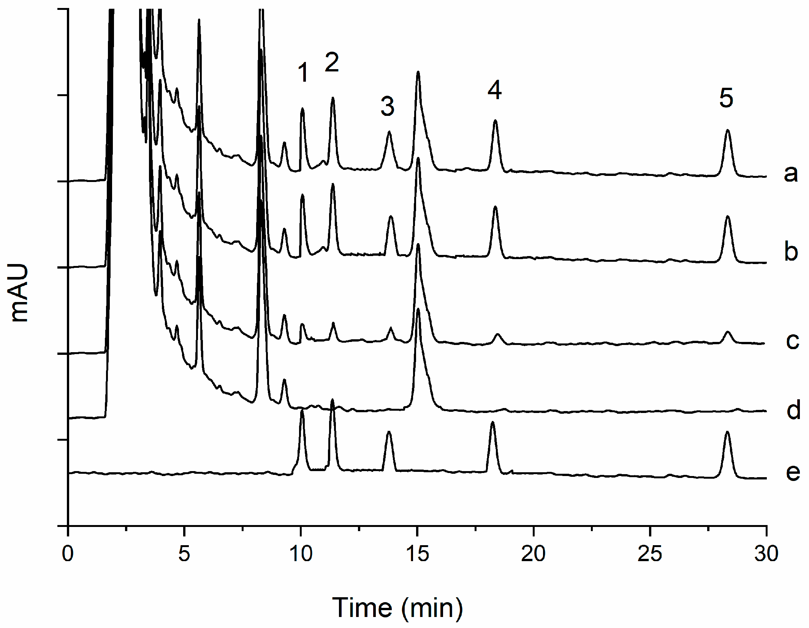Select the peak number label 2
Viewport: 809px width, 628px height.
332,62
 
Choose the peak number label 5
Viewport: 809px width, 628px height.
726,98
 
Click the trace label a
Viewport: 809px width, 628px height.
791,174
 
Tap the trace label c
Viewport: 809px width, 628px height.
792,341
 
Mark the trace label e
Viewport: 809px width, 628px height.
793,472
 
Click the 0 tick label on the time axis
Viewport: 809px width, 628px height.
68,554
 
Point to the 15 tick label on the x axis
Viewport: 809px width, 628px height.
417,554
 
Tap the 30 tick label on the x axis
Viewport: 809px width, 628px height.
766,554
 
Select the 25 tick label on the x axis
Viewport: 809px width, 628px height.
650,554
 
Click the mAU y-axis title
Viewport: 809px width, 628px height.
19,293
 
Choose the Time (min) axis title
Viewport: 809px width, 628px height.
397,608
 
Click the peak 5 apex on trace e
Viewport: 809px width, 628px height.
727,432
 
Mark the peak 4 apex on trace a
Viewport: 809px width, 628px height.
495,120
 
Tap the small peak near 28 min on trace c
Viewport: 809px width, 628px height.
728,332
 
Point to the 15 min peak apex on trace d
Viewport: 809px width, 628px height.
418,309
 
